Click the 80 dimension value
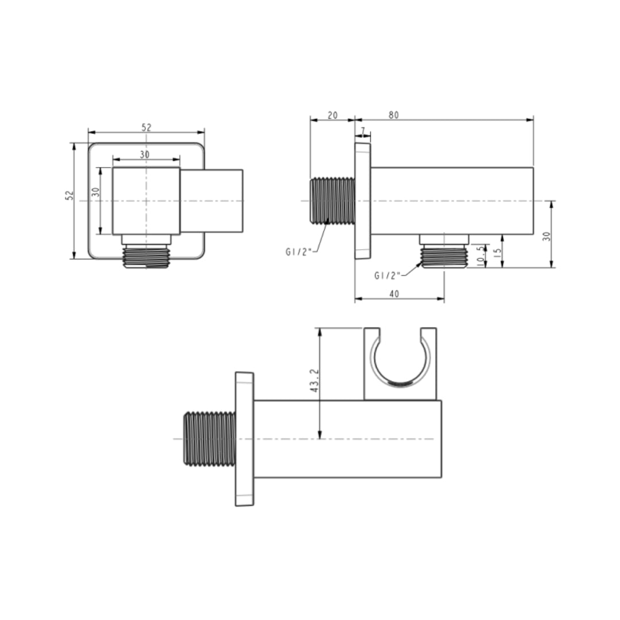click(393, 115)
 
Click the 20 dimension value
click(332, 115)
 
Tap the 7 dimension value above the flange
click(363, 130)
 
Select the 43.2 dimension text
click(315, 381)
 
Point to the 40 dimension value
click(394, 294)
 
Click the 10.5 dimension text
click(480, 256)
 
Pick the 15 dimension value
click(498, 251)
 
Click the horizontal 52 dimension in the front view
click(146, 127)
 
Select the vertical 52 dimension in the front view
click(69, 195)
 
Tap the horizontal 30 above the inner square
click(145, 154)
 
